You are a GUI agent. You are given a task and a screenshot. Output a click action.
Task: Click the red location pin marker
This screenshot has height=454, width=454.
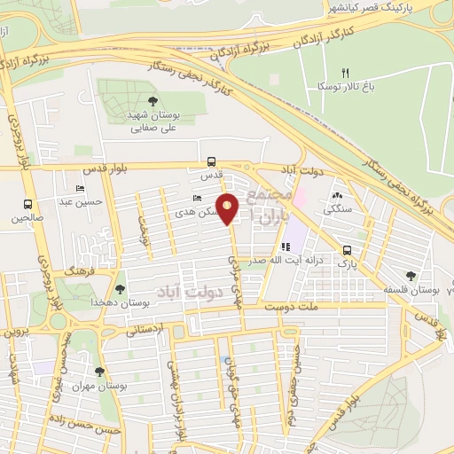(x=228, y=209)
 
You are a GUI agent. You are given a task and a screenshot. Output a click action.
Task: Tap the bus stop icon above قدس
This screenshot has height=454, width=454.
(x=211, y=162)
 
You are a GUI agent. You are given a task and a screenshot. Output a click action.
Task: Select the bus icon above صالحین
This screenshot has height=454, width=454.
(x=27, y=203)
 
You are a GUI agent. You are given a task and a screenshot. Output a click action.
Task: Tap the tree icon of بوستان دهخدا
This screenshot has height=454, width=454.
(x=121, y=288)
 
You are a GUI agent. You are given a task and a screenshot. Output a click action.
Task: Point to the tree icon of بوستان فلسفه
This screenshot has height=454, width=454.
(x=410, y=276)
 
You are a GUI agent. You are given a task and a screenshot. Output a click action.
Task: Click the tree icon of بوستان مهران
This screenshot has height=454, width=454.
(x=98, y=372)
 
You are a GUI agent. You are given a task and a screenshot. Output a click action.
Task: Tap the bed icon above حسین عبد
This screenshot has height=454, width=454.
(x=82, y=189)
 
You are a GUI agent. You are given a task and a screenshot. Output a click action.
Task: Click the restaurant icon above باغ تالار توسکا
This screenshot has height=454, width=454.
(x=347, y=73)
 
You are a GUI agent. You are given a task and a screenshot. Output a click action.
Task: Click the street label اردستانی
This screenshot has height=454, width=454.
(x=146, y=330)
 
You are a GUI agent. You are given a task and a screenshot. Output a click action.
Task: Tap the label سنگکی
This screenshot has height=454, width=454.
(x=337, y=211)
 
